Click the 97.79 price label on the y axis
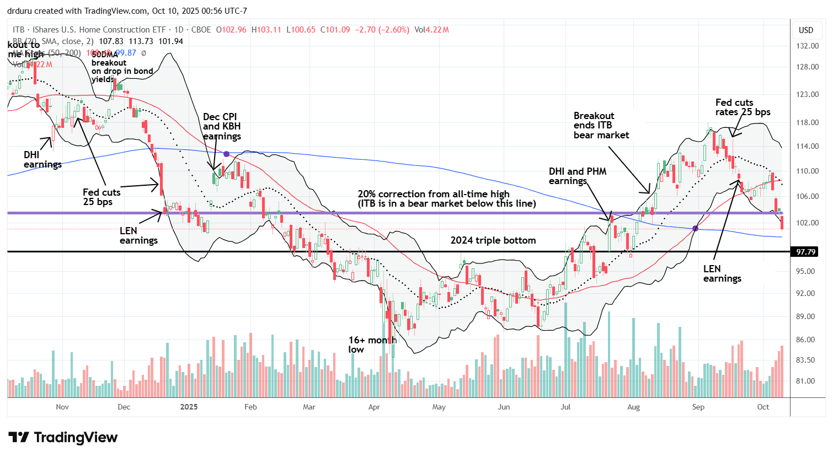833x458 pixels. click(x=806, y=252)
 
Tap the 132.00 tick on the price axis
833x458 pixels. click(x=806, y=46)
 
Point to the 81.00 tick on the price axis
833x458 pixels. click(x=806, y=381)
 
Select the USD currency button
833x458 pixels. click(x=806, y=30)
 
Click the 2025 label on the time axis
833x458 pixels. click(x=189, y=407)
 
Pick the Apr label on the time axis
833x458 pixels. click(x=374, y=407)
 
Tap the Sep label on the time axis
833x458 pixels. click(x=698, y=407)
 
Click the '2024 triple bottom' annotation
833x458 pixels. click(x=493, y=240)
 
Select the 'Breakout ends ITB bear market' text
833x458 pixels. click(x=601, y=125)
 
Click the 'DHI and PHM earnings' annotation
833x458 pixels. click(x=578, y=176)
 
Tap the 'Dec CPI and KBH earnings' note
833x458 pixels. click(x=222, y=126)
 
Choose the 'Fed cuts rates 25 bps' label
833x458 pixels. click(x=743, y=107)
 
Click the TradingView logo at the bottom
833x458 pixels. click(x=63, y=438)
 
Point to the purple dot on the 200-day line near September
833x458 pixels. click(x=695, y=228)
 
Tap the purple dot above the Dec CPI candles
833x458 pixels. click(x=226, y=154)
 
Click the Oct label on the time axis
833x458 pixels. click(x=763, y=407)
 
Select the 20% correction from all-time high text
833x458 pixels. click(x=434, y=194)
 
